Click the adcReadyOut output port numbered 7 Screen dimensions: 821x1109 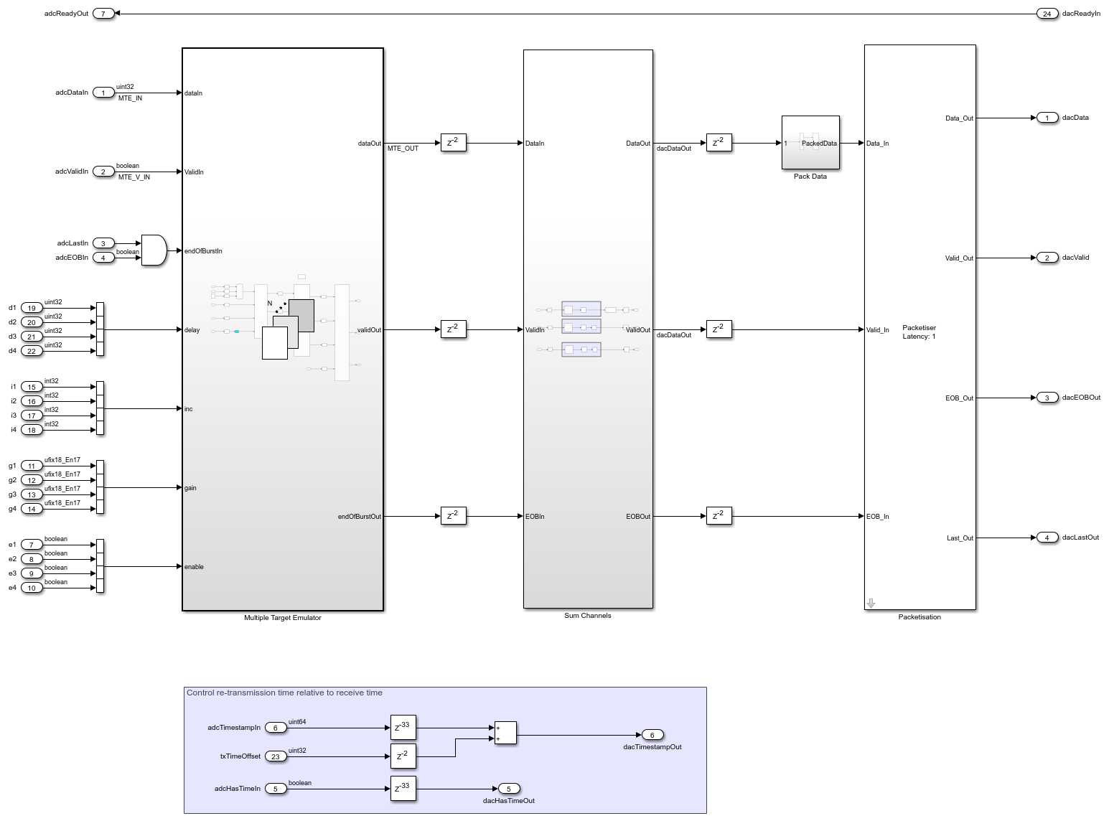pyautogui.click(x=103, y=14)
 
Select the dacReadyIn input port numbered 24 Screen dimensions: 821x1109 pyautogui.click(x=1047, y=14)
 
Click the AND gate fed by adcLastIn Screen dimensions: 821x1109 pyautogui.click(x=154, y=250)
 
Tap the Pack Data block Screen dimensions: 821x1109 pyautogui.click(x=810, y=143)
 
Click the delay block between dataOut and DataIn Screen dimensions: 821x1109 pyautogui.click(x=453, y=143)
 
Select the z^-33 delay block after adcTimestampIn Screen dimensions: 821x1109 pyautogui.click(x=403, y=728)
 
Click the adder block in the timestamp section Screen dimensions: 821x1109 pyautogui.click(x=505, y=733)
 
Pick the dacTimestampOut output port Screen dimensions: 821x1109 pyautogui.click(x=652, y=735)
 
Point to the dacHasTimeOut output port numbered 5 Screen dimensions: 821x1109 pyautogui.click(x=508, y=789)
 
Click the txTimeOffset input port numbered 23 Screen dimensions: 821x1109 pyautogui.click(x=276, y=756)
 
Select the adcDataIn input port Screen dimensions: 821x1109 pyautogui.click(x=103, y=93)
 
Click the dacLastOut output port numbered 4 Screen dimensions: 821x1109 pyautogui.click(x=1047, y=538)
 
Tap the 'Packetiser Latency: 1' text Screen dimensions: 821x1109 pyautogui.click(x=919, y=332)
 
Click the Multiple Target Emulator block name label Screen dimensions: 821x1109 pyautogui.click(x=282, y=618)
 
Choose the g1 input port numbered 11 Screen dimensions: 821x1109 pyautogui.click(x=32, y=466)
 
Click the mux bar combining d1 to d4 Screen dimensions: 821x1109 pyautogui.click(x=100, y=329)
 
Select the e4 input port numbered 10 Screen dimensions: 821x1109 pyautogui.click(x=32, y=588)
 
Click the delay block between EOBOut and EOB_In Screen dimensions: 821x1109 pyautogui.click(x=719, y=516)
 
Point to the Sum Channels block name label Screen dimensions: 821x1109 pyautogui.click(x=587, y=616)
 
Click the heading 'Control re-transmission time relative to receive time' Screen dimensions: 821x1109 pyautogui.click(x=284, y=693)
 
